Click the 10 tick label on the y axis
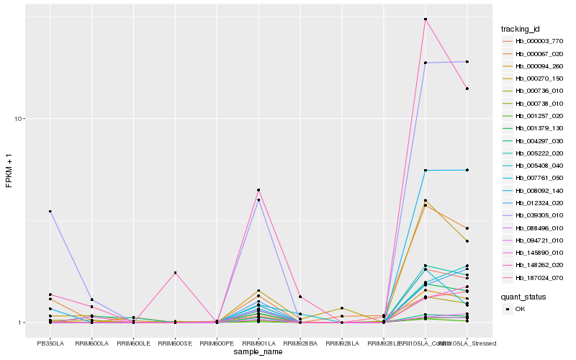pyautogui.click(x=22, y=119)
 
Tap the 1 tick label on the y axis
pyautogui.click(x=23, y=323)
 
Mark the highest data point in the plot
pyautogui.click(x=426, y=19)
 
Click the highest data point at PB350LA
pyautogui.click(x=50, y=211)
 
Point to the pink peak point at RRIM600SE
pyautogui.click(x=175, y=273)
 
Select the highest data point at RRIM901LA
pyautogui.click(x=258, y=190)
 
